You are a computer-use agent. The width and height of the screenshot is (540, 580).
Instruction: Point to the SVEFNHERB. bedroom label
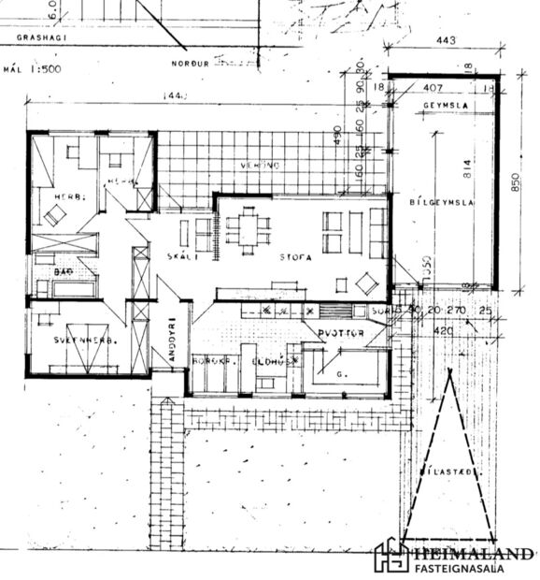coord(82,341)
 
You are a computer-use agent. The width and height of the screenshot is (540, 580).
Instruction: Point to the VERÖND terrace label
coord(261,166)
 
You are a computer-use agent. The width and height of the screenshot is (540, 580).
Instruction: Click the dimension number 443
coord(445,40)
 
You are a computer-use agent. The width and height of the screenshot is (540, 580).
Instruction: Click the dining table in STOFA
coord(248,229)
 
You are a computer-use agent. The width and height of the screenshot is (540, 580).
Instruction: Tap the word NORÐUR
coord(190,64)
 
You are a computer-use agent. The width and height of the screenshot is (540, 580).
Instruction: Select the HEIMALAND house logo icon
coord(390,557)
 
